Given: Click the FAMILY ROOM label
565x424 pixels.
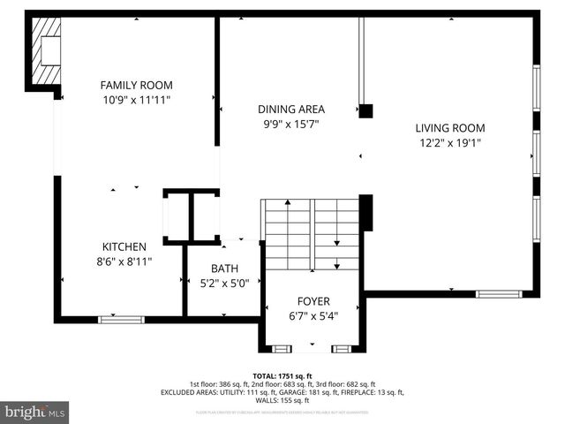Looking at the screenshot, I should coord(136,86).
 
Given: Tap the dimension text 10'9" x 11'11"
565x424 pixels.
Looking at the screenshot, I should coord(136,101).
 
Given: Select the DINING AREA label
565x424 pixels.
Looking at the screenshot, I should coord(291,110).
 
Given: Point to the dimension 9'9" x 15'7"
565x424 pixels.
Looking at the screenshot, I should coord(291,125).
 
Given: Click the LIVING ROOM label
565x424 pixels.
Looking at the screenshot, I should coord(450,128).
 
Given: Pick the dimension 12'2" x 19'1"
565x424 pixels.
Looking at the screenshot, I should coord(450,143).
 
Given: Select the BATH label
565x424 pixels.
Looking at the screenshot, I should coord(223,269).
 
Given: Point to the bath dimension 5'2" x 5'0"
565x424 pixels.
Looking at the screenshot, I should coord(223,284).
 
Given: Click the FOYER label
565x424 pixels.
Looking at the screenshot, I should coord(313,300).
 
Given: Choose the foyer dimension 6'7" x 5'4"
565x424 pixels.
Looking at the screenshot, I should coord(313,315).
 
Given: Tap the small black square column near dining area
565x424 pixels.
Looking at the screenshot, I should coord(365,110).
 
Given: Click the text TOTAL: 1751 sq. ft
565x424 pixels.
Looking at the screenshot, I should coord(282,375).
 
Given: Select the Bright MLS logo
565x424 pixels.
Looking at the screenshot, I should coord(35,412).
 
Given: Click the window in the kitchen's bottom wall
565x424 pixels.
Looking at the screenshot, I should coord(121,318).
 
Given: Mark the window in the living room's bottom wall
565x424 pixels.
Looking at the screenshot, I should coord(499,294).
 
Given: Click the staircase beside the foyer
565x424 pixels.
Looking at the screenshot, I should coord(311,235).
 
